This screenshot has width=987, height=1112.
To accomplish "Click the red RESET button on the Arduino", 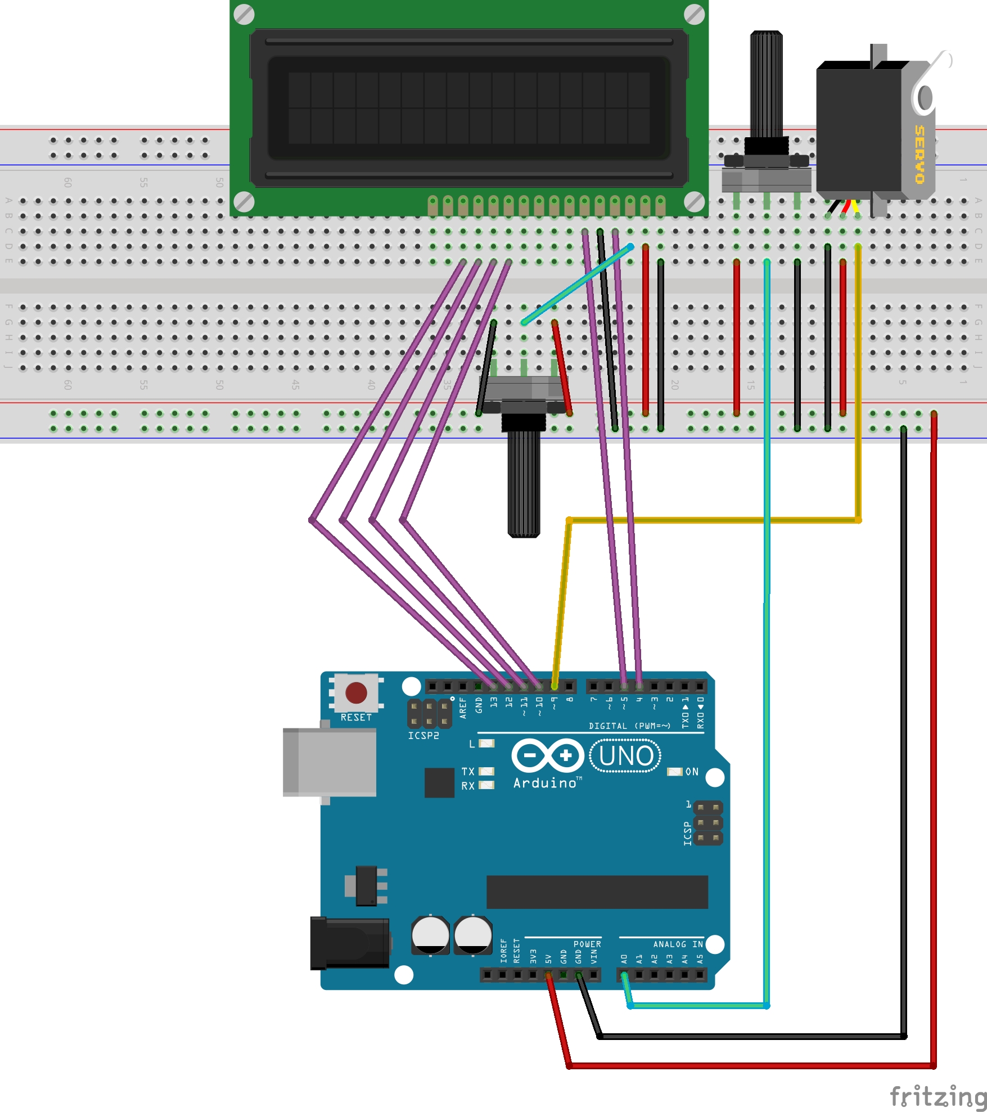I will click(x=356, y=693).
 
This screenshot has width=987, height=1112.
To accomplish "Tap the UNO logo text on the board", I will click(x=626, y=756).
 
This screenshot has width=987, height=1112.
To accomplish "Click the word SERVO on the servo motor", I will click(x=920, y=155).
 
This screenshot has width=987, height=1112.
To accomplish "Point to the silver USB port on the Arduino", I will click(x=330, y=762).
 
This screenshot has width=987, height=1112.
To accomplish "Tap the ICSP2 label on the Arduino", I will click(x=423, y=736).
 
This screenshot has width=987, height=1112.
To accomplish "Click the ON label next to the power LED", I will click(x=692, y=772).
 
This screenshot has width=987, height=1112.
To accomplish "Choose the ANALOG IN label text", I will click(x=678, y=944).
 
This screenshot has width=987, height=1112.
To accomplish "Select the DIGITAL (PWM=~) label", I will click(x=629, y=726).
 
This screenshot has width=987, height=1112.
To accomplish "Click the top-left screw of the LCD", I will click(x=244, y=15).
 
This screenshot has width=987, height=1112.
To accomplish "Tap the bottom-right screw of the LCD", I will click(x=694, y=201).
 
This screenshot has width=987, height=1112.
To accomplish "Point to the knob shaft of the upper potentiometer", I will click(x=766, y=84).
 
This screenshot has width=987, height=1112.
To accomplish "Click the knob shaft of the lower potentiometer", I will click(x=524, y=484).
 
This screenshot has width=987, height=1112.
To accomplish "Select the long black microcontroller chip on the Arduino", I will click(x=597, y=892).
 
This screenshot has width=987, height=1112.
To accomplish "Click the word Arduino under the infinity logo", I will click(x=545, y=783).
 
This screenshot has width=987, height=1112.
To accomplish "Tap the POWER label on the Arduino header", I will click(x=587, y=944).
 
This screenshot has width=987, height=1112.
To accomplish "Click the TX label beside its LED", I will click(x=468, y=772).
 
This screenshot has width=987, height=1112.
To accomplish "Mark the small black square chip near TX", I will click(x=439, y=782).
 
